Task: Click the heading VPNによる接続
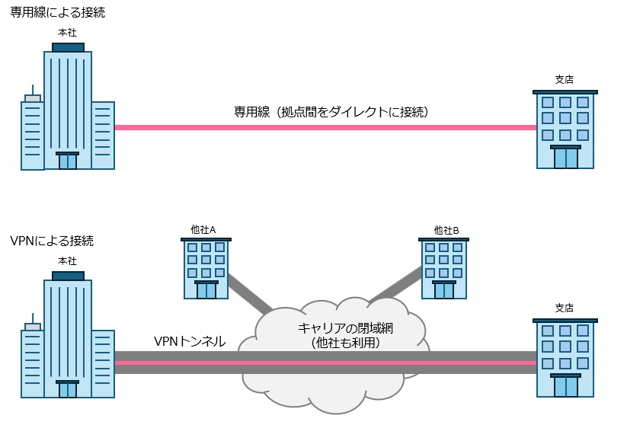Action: click(52, 241)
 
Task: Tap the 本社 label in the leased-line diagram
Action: click(68, 33)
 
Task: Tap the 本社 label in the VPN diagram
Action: click(68, 261)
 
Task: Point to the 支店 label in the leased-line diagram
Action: click(565, 79)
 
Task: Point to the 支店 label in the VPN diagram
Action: click(565, 308)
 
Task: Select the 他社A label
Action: click(203, 229)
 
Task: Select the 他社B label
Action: click(446, 229)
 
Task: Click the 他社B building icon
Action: click(443, 268)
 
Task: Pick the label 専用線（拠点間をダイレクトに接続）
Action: click(332, 112)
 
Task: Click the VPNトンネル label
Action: click(190, 341)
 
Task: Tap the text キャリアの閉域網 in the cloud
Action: click(341, 328)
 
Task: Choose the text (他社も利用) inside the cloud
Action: click(341, 343)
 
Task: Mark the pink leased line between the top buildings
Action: click(320, 127)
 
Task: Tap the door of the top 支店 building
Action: click(565, 158)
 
